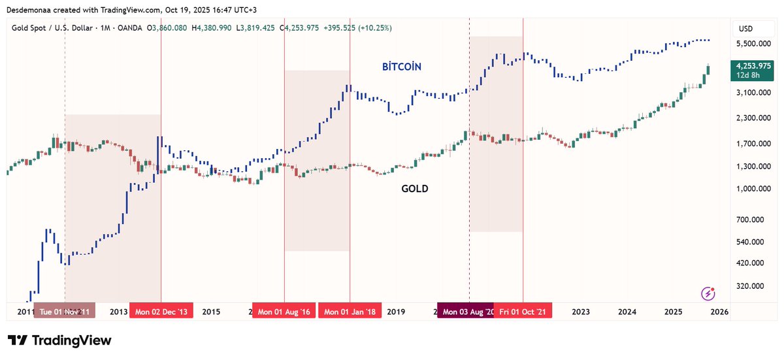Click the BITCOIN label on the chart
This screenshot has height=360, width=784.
click(x=402, y=67)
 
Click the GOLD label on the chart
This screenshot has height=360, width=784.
click(x=415, y=189)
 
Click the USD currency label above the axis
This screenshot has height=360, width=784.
click(x=745, y=29)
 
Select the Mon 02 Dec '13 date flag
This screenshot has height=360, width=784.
click(x=161, y=312)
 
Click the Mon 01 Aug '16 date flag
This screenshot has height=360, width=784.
click(x=284, y=312)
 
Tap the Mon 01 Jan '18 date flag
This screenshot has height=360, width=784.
click(x=350, y=312)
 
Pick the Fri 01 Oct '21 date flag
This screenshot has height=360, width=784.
click(x=523, y=312)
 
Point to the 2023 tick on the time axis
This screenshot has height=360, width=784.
click(x=581, y=312)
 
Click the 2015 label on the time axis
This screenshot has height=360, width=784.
click(x=211, y=312)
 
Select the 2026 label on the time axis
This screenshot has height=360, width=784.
click(x=719, y=312)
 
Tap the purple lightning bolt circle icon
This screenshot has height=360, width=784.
click(x=707, y=293)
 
